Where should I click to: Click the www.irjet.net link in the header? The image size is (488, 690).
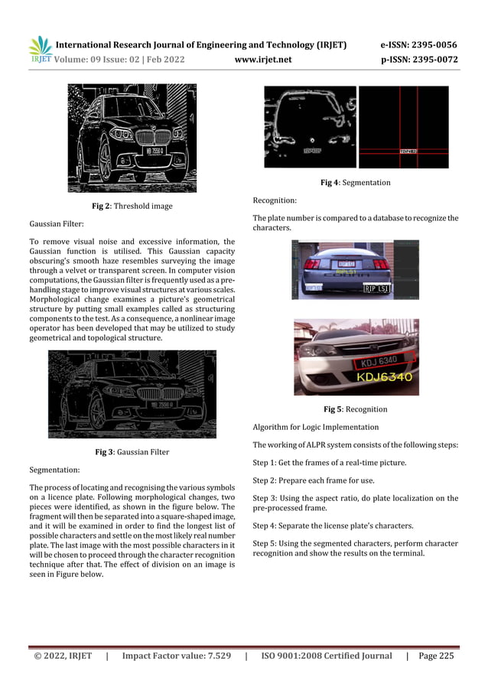pyautogui.click(x=262, y=59)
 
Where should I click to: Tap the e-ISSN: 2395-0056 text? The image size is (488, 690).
pyautogui.click(x=418, y=45)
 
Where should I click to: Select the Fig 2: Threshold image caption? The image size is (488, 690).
pyautogui.click(x=132, y=207)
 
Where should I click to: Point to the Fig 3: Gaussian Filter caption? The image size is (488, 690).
pyautogui.click(x=132, y=452)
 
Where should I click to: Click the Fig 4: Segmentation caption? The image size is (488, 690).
pyautogui.click(x=355, y=183)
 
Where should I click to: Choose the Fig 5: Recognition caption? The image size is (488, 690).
pyautogui.click(x=355, y=409)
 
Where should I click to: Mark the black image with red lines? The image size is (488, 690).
pyautogui.click(x=403, y=126)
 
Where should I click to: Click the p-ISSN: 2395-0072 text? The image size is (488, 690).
pyautogui.click(x=418, y=59)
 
